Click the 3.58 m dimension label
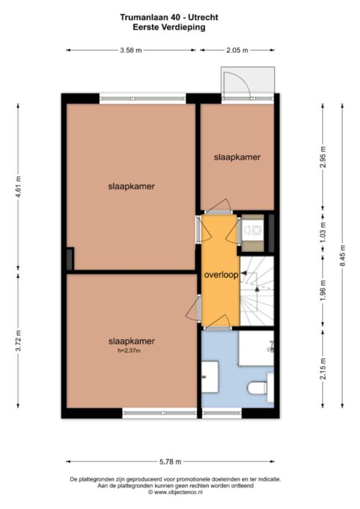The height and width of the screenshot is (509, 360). (x=131, y=51)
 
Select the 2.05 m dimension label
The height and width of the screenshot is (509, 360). (x=237, y=51)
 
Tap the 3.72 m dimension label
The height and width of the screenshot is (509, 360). (x=18, y=340)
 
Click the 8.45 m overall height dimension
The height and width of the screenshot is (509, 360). (x=342, y=255)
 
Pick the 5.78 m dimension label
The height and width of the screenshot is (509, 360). (x=171, y=461)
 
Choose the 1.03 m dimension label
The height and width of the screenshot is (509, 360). (x=323, y=232)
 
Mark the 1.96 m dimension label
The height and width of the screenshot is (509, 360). (x=323, y=290)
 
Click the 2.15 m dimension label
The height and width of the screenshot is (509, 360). (x=323, y=368)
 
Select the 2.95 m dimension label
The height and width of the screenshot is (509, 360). (x=323, y=157)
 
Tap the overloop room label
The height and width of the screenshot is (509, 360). (x=221, y=275)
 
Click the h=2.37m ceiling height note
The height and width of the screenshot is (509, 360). (x=129, y=350)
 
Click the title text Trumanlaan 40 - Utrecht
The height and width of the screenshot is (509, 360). (x=169, y=17)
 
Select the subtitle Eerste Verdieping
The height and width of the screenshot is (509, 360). (x=169, y=27)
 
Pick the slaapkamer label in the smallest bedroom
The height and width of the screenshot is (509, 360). (x=237, y=157)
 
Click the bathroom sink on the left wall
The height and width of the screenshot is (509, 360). (x=210, y=377)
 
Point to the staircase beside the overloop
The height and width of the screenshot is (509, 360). (x=257, y=291)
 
